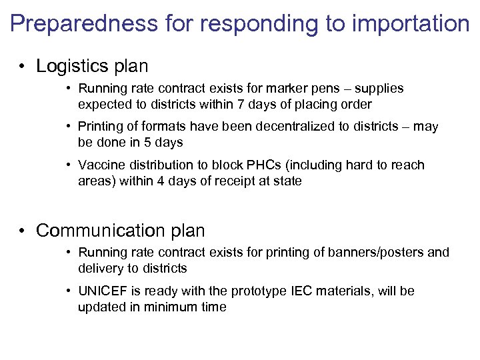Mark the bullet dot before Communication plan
point(23,231)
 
